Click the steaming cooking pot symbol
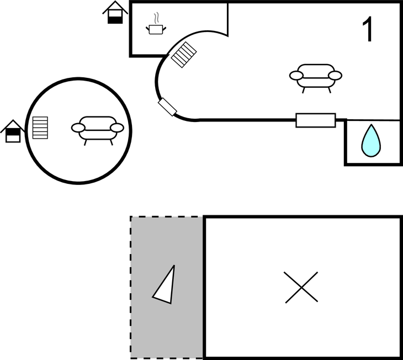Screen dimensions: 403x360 (156, 24)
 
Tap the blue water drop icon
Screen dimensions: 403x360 (371, 141)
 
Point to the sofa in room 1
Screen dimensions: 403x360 (316, 78)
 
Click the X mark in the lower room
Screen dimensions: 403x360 (301, 287)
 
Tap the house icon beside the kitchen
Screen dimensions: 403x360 (115, 13)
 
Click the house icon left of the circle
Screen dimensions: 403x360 (13, 131)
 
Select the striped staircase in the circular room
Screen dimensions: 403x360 (40, 128)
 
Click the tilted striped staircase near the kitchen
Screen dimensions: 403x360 (184, 55)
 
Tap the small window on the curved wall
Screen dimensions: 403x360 (168, 107)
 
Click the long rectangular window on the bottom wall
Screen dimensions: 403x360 (316, 120)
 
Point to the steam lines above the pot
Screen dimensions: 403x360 (156, 18)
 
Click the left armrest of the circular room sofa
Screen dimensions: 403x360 (78, 128)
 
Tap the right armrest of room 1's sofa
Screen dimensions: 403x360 (335, 76)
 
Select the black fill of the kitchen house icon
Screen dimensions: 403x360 (115, 20)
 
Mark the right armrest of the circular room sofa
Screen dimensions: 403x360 (117, 128)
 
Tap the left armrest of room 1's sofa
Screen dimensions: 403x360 (296, 76)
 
